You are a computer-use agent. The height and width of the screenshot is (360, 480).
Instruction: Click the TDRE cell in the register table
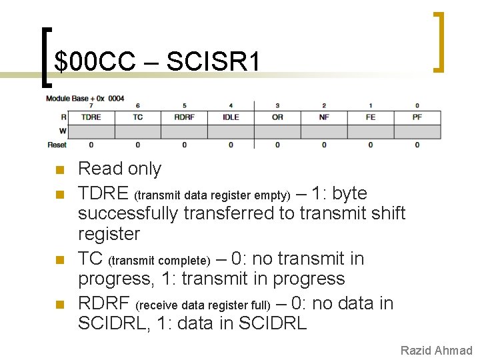[91, 117]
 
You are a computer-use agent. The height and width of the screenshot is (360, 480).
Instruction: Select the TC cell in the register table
[138, 117]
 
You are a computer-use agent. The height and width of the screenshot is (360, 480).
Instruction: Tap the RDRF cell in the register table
[184, 117]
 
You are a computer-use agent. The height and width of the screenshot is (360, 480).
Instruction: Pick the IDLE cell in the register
[231, 117]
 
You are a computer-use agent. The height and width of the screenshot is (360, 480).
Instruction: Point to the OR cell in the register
[277, 117]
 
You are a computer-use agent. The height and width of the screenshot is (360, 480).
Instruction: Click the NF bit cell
[324, 117]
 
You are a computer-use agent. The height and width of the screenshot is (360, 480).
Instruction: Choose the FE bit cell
[371, 117]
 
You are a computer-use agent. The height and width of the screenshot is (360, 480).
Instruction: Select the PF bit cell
[417, 117]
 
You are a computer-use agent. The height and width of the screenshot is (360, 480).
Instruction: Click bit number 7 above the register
[91, 105]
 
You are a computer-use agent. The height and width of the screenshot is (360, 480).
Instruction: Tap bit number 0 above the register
[417, 105]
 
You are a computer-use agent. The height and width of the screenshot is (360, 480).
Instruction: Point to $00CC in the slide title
[96, 62]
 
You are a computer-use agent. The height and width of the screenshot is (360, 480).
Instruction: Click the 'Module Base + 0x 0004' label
[85, 99]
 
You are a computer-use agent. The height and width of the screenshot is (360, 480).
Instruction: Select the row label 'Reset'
[57, 145]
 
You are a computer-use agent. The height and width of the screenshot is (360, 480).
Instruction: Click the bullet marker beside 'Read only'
[59, 170]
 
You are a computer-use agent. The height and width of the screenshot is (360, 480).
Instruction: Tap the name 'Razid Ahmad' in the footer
[436, 351]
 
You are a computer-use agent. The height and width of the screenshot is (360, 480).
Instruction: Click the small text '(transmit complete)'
[159, 260]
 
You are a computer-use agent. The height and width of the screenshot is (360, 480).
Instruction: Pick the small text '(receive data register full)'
[203, 305]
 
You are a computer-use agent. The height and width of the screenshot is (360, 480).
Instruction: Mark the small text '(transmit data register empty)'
[213, 195]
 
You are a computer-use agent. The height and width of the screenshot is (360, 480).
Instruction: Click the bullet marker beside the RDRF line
[59, 305]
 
